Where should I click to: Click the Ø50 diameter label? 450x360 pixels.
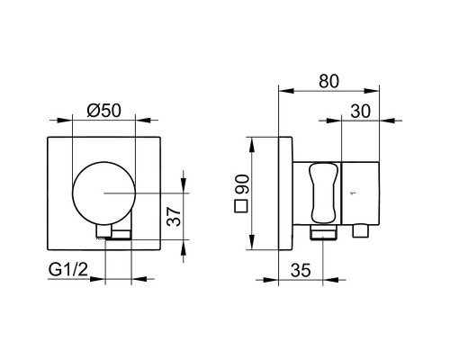103,110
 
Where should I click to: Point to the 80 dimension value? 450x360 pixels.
328,81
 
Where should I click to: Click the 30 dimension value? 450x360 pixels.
361,112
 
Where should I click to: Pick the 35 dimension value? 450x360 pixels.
301,270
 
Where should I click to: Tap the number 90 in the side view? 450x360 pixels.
242,184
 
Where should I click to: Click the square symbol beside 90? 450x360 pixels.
240,206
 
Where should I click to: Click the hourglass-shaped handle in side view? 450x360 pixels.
323,193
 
